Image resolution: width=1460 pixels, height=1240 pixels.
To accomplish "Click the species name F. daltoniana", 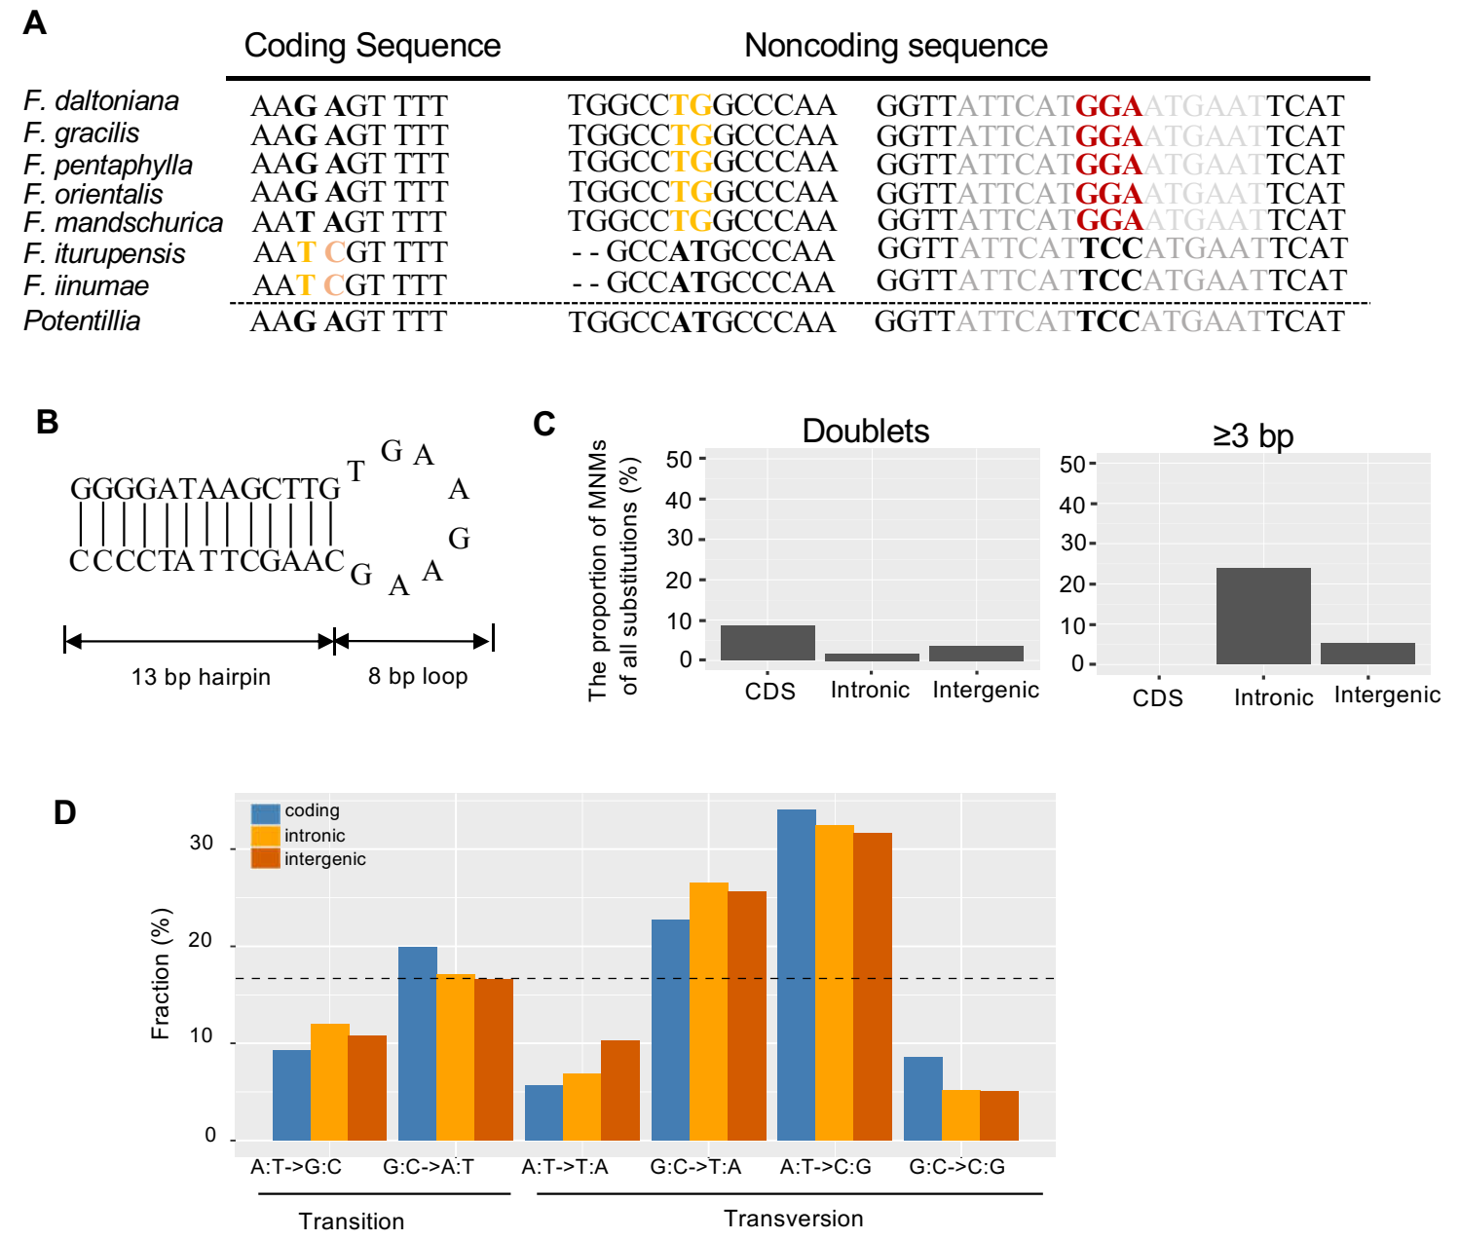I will [x=101, y=101].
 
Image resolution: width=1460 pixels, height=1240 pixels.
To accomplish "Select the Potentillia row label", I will [x=82, y=321].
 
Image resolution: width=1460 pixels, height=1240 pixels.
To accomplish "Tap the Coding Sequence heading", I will [x=372, y=46].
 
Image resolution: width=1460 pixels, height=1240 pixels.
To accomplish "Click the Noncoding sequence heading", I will [x=895, y=46].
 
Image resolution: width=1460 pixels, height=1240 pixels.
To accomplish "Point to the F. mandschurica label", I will [x=124, y=223].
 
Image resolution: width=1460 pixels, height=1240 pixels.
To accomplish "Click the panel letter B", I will [x=47, y=422].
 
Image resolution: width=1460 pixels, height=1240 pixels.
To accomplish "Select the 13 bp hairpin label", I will [x=201, y=677].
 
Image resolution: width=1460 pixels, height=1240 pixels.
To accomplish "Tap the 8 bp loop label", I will [x=418, y=676].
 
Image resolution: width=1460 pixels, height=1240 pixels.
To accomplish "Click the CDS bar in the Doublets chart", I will [x=767, y=643].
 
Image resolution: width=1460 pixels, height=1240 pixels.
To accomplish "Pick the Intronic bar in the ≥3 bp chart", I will [x=1263, y=616].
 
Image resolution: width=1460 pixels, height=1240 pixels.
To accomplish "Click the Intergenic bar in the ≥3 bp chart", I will [x=1367, y=653].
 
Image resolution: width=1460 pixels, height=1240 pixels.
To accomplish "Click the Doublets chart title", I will [x=865, y=432].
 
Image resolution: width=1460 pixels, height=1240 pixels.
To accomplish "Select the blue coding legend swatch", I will [x=265, y=812].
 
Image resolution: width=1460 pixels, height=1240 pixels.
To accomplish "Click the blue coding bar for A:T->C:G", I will [x=797, y=974].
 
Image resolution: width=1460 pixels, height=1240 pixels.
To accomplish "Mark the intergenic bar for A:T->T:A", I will [x=620, y=1090].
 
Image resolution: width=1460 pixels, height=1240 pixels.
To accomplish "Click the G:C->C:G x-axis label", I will [x=956, y=1167].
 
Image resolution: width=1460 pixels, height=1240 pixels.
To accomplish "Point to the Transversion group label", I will [x=793, y=1219].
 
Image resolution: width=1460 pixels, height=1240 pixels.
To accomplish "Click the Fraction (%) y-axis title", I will [x=161, y=974].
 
